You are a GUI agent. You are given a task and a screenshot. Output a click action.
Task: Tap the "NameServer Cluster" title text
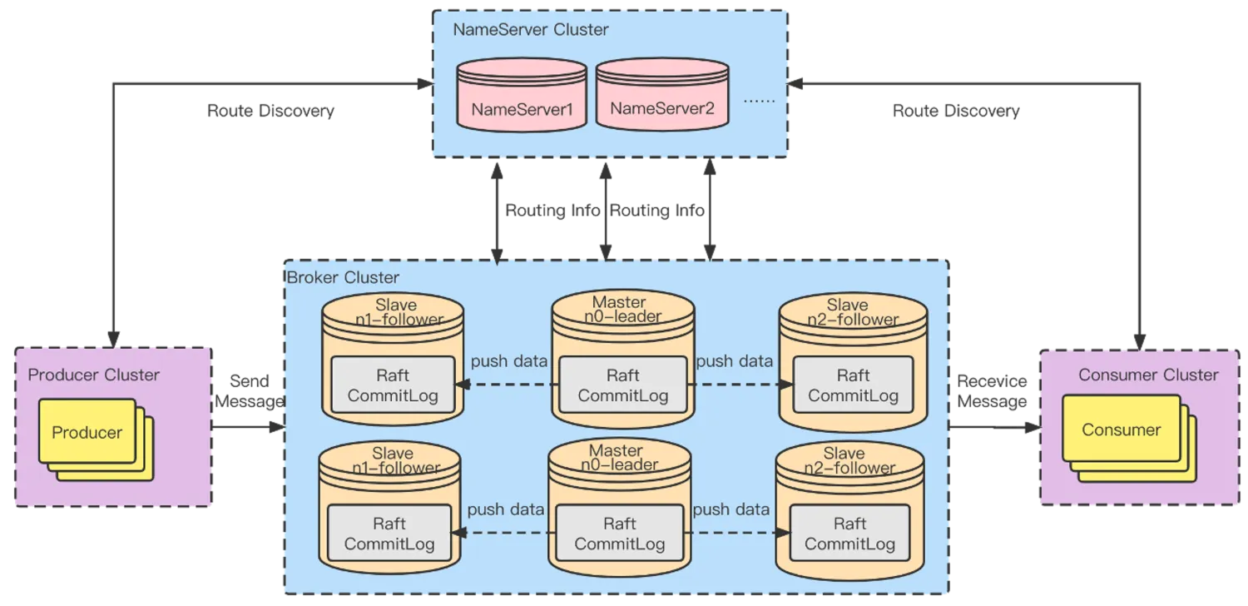point(531,30)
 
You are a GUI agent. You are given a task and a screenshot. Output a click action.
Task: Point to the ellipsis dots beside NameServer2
point(758,100)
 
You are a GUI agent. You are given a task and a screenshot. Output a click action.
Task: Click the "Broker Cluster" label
point(343,277)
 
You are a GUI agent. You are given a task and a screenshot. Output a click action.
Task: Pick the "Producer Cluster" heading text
point(94,375)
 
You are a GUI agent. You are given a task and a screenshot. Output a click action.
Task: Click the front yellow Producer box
point(87,432)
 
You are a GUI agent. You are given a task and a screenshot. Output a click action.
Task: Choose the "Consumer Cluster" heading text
point(1148,375)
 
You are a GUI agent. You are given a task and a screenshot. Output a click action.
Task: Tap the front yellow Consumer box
point(1121,430)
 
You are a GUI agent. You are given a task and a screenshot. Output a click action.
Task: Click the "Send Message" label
point(249,391)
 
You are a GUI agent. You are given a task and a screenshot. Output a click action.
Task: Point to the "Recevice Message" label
point(993,391)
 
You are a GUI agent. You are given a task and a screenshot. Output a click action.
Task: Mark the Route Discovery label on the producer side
point(270,111)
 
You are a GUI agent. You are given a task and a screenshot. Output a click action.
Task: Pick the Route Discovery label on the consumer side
point(956,111)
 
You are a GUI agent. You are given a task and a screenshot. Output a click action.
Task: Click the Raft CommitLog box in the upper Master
point(623,385)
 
